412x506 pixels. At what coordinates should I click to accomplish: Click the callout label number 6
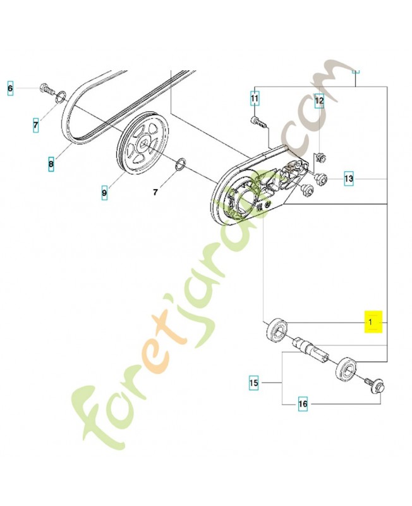(x=10, y=89)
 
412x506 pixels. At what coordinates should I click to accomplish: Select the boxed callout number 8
(x=51, y=166)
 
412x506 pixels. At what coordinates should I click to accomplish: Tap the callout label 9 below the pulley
(x=105, y=190)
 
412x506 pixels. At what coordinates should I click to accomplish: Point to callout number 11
(x=254, y=99)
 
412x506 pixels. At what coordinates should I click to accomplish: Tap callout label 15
(x=254, y=383)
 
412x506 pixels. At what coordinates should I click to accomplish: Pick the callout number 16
(x=303, y=404)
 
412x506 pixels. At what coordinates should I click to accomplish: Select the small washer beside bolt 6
(x=61, y=97)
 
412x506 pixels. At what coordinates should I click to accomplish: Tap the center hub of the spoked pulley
(x=143, y=147)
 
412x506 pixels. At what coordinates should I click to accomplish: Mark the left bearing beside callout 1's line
(x=276, y=331)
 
